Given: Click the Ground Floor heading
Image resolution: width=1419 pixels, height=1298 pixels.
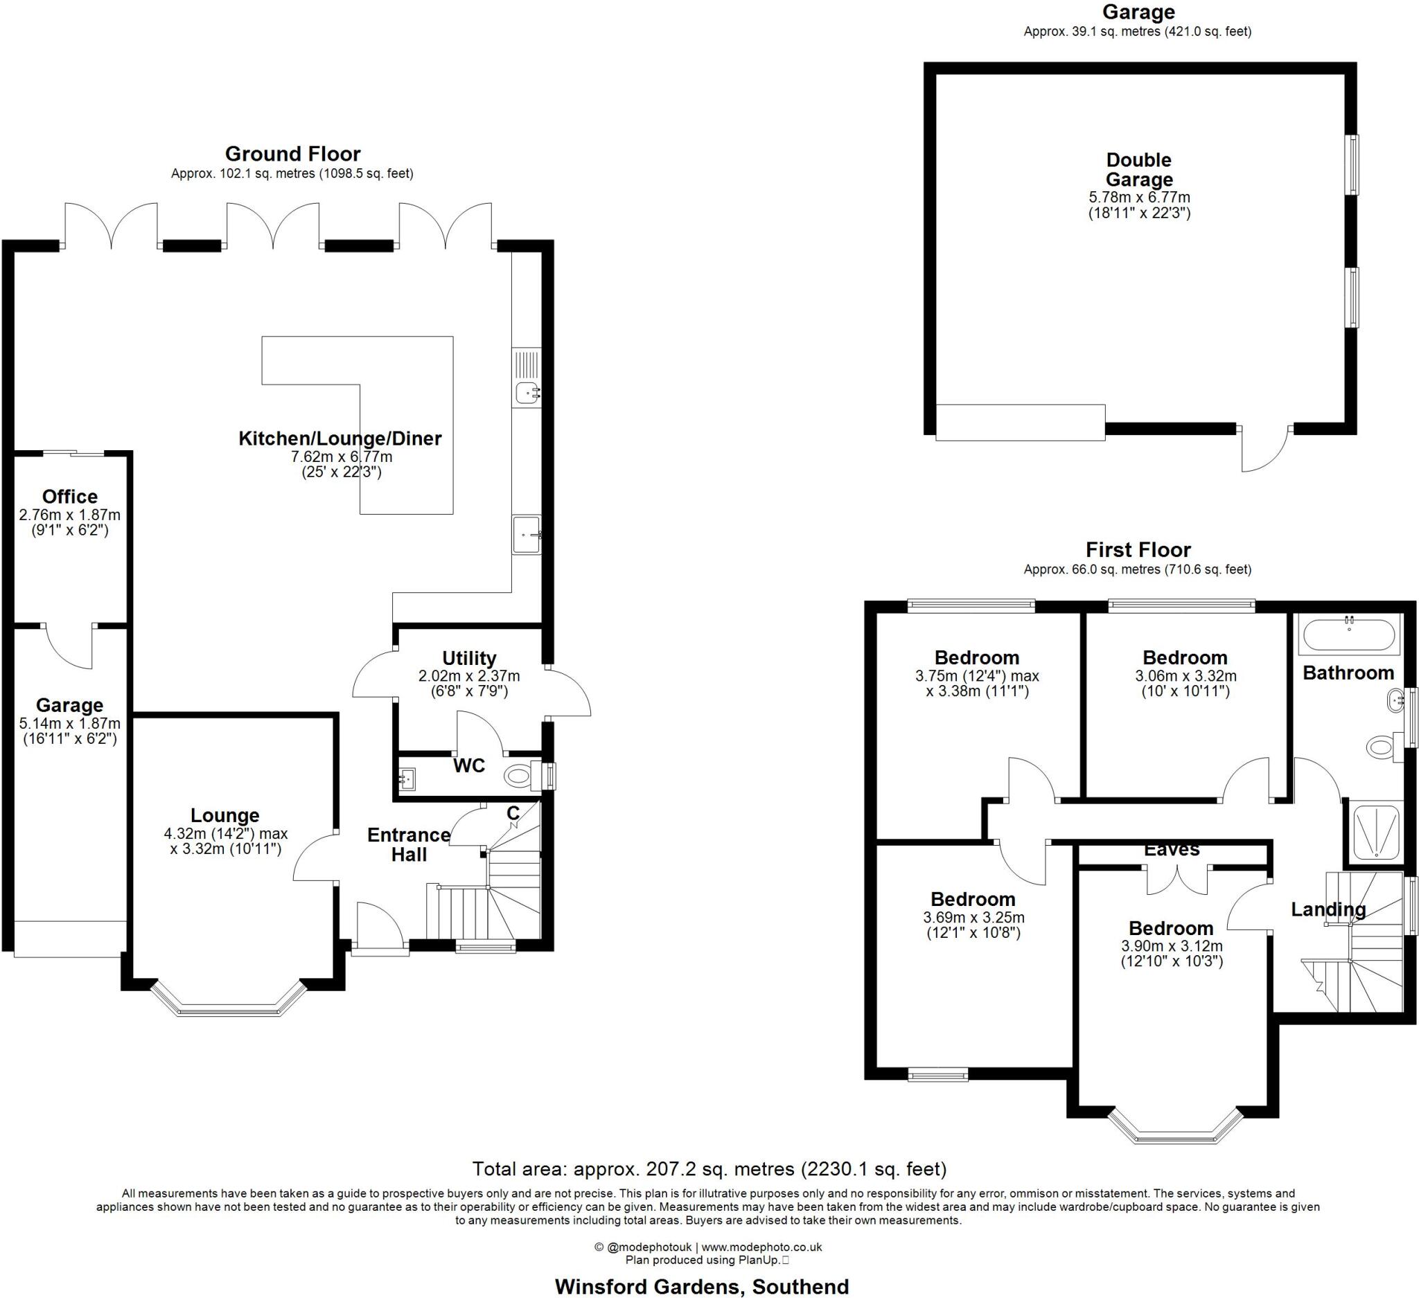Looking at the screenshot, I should [x=293, y=154].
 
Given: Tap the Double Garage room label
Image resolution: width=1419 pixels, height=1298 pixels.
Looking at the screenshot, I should [x=1139, y=170].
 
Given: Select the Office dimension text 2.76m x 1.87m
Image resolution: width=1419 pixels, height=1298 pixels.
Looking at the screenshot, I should [x=70, y=515].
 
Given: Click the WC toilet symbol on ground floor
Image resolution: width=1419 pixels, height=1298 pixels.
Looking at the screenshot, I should [x=519, y=776].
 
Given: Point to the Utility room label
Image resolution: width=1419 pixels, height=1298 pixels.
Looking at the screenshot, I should [x=469, y=658].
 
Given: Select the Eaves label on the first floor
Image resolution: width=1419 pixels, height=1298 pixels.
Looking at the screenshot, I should [x=1171, y=850].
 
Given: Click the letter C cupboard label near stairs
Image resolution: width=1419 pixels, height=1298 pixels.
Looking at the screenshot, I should [x=513, y=813].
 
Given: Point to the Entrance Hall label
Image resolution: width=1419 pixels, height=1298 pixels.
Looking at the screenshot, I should [x=409, y=844].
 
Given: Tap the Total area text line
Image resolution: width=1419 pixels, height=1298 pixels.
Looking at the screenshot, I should [x=709, y=1168].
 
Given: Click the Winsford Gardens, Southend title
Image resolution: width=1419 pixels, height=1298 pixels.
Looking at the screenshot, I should [x=702, y=1287].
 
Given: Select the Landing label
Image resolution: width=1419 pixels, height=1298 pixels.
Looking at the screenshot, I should [x=1328, y=909].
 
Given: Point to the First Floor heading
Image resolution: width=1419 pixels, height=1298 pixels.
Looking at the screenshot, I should [x=1138, y=549].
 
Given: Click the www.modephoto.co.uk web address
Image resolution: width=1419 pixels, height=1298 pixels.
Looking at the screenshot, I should [x=761, y=1247].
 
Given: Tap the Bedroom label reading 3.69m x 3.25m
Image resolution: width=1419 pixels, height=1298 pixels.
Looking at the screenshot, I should [x=973, y=899].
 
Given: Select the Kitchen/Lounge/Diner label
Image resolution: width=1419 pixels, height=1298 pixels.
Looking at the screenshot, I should [x=340, y=438].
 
